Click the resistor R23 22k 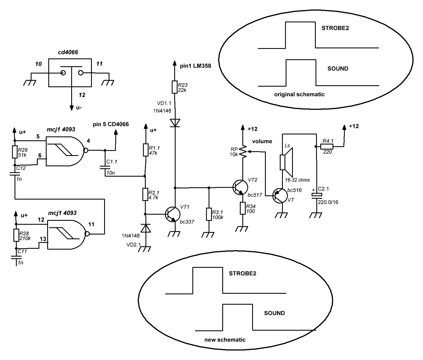[175, 87]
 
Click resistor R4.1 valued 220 [327, 146]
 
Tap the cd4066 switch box [70, 73]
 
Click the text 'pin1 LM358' [195, 66]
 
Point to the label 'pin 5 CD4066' [111, 124]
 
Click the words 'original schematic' [299, 94]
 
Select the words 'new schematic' [225, 340]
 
